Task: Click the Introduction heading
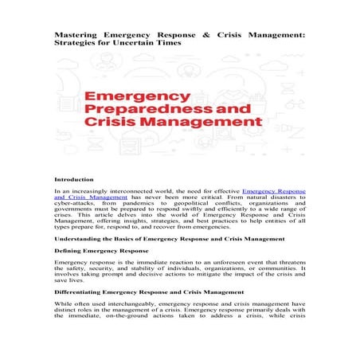click(73, 179)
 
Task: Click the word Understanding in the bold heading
click(80, 239)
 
